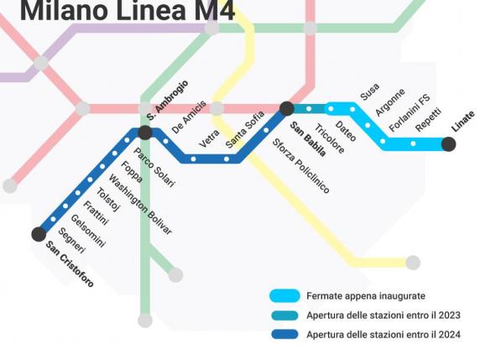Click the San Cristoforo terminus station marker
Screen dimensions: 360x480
click(x=39, y=234)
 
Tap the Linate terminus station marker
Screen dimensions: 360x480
click(x=449, y=144)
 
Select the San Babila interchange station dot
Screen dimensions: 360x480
click(x=287, y=108)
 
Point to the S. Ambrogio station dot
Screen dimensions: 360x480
click(x=145, y=133)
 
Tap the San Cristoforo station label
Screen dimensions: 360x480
click(x=70, y=264)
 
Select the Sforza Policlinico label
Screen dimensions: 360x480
click(x=300, y=166)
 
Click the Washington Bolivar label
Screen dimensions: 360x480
click(x=140, y=205)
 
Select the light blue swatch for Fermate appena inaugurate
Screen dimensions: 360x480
click(x=284, y=296)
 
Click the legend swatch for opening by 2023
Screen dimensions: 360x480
click(x=284, y=316)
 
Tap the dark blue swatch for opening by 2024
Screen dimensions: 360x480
click(x=284, y=335)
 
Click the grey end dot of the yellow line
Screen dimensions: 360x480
click(x=413, y=263)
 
